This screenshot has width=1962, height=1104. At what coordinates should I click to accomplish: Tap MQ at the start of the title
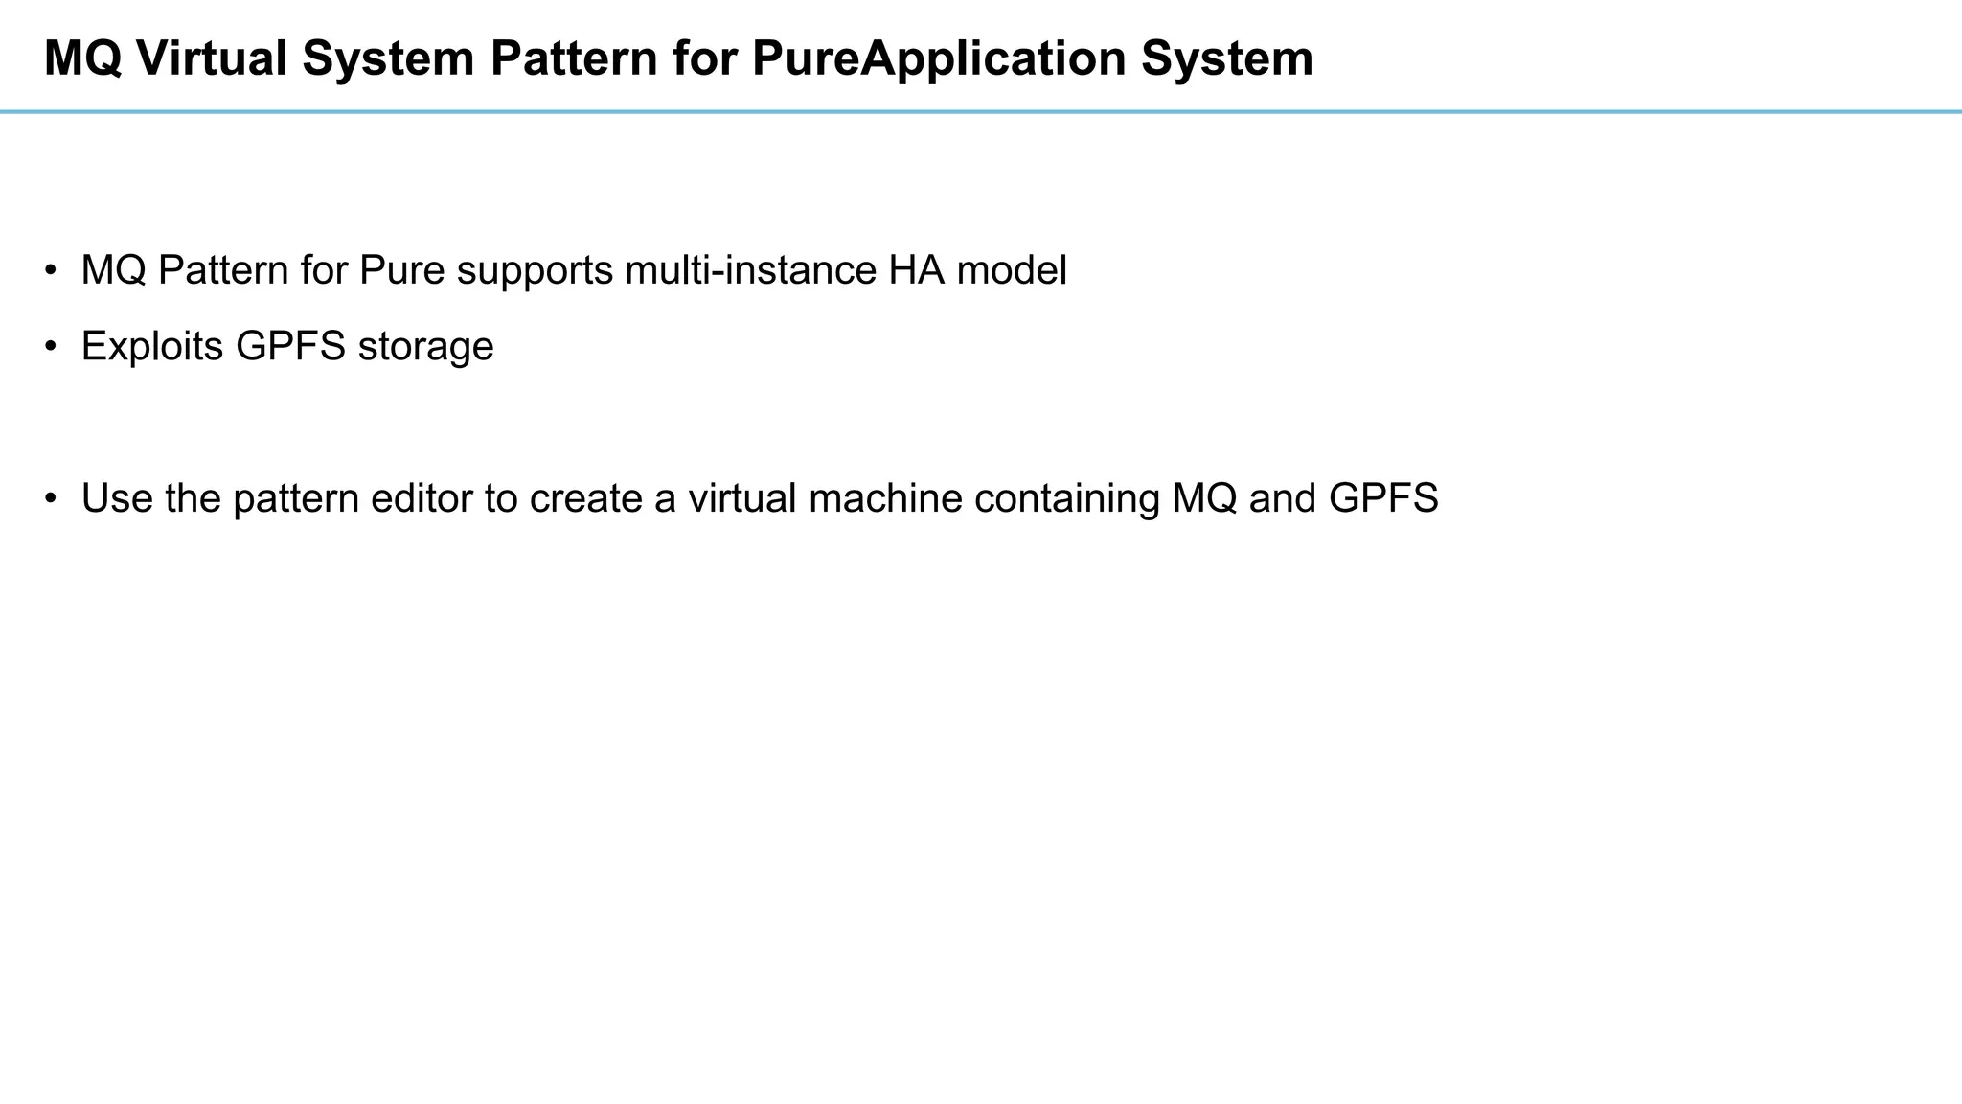click(x=82, y=59)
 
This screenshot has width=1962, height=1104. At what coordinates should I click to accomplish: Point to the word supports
click(x=535, y=271)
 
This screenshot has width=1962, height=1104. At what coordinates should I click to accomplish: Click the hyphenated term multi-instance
click(x=750, y=271)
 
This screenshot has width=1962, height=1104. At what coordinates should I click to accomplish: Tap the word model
click(x=1012, y=271)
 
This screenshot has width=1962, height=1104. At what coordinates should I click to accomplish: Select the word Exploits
click(x=152, y=347)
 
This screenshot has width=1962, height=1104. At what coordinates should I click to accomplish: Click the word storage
click(x=425, y=347)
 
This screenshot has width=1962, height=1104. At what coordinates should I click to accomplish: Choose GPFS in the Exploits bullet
click(x=290, y=347)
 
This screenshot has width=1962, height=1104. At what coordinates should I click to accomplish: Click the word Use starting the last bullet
click(x=117, y=499)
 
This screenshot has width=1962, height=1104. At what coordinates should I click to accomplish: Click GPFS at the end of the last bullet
click(x=1383, y=499)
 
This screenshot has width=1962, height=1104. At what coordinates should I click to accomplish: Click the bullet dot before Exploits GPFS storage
click(x=51, y=346)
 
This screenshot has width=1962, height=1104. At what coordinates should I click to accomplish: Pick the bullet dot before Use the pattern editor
click(x=51, y=498)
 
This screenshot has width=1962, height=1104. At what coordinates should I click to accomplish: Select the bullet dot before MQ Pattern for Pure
click(x=51, y=270)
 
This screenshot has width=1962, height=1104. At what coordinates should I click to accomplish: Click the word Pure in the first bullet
click(x=402, y=271)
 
